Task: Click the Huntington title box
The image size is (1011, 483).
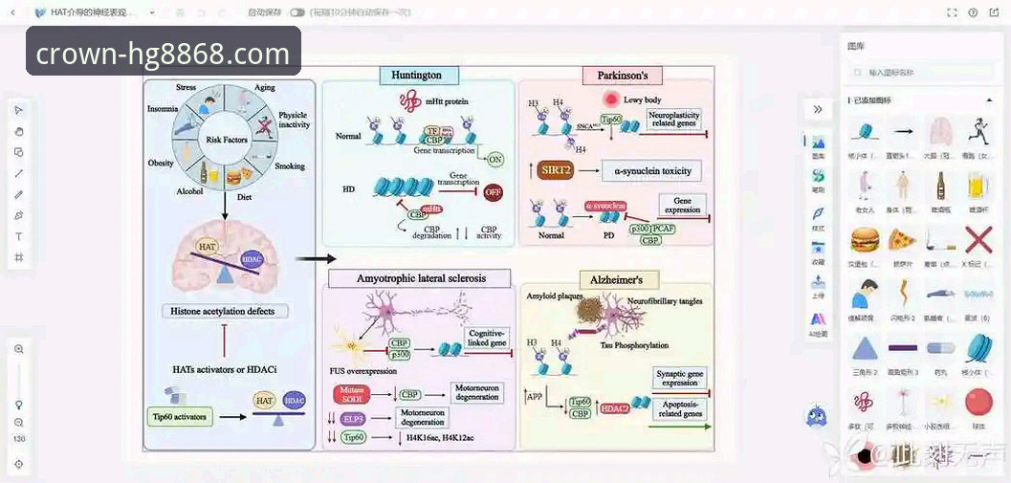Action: pyautogui.click(x=417, y=75)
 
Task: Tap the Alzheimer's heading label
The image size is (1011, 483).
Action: pyautogui.click(x=624, y=279)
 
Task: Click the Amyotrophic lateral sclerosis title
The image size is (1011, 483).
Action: pyautogui.click(x=421, y=278)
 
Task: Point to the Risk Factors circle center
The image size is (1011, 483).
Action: pyautogui.click(x=227, y=140)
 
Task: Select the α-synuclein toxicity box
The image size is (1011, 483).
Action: pyautogui.click(x=650, y=171)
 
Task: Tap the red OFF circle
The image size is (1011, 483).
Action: pyautogui.click(x=494, y=191)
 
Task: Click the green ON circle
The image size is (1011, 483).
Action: pyautogui.click(x=495, y=160)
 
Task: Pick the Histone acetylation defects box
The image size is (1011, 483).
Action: pyautogui.click(x=223, y=311)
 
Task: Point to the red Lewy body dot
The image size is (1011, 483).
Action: pyautogui.click(x=610, y=99)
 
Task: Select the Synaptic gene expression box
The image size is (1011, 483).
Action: pyautogui.click(x=680, y=377)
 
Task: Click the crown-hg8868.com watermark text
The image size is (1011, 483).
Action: pyautogui.click(x=163, y=54)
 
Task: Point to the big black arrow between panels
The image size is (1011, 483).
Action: pyautogui.click(x=316, y=258)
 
